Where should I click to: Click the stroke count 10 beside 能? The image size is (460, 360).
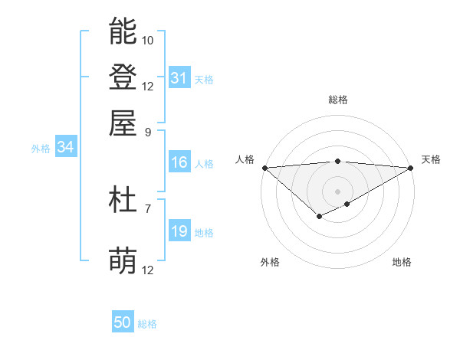148,40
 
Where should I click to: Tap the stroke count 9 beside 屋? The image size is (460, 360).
148,131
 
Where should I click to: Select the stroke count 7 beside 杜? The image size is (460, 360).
148,208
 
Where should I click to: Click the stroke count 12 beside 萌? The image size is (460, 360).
148,270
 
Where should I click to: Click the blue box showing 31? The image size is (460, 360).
179,78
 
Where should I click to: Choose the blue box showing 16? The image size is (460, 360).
179,162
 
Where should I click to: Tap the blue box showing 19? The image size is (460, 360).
179,232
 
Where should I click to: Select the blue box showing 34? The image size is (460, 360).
65,148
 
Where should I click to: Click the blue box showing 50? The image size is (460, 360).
123,323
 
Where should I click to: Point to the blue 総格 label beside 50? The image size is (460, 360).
147,324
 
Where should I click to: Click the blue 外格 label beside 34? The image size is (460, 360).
41,149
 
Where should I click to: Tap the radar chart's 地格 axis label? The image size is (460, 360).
402,262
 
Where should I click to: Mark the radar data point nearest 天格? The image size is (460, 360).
412,168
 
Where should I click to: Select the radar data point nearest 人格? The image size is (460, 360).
264,168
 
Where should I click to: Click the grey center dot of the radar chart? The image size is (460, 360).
337,191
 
